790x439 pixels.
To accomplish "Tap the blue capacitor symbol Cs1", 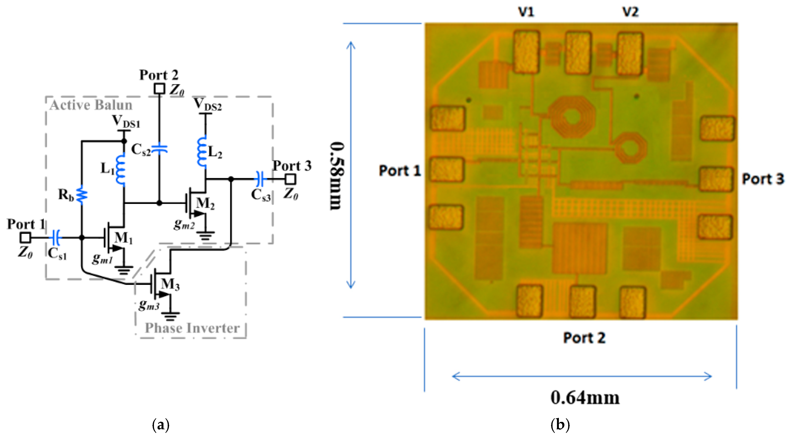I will [56, 237].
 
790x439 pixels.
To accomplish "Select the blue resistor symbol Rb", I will [82, 195].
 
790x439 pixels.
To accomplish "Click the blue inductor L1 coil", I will [121, 169].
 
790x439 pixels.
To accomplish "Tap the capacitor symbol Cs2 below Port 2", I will [159, 149].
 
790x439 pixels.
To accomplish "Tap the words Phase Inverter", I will [192, 328].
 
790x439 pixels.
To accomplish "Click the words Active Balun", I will [91, 105].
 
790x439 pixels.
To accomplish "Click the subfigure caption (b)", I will [560, 425].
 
